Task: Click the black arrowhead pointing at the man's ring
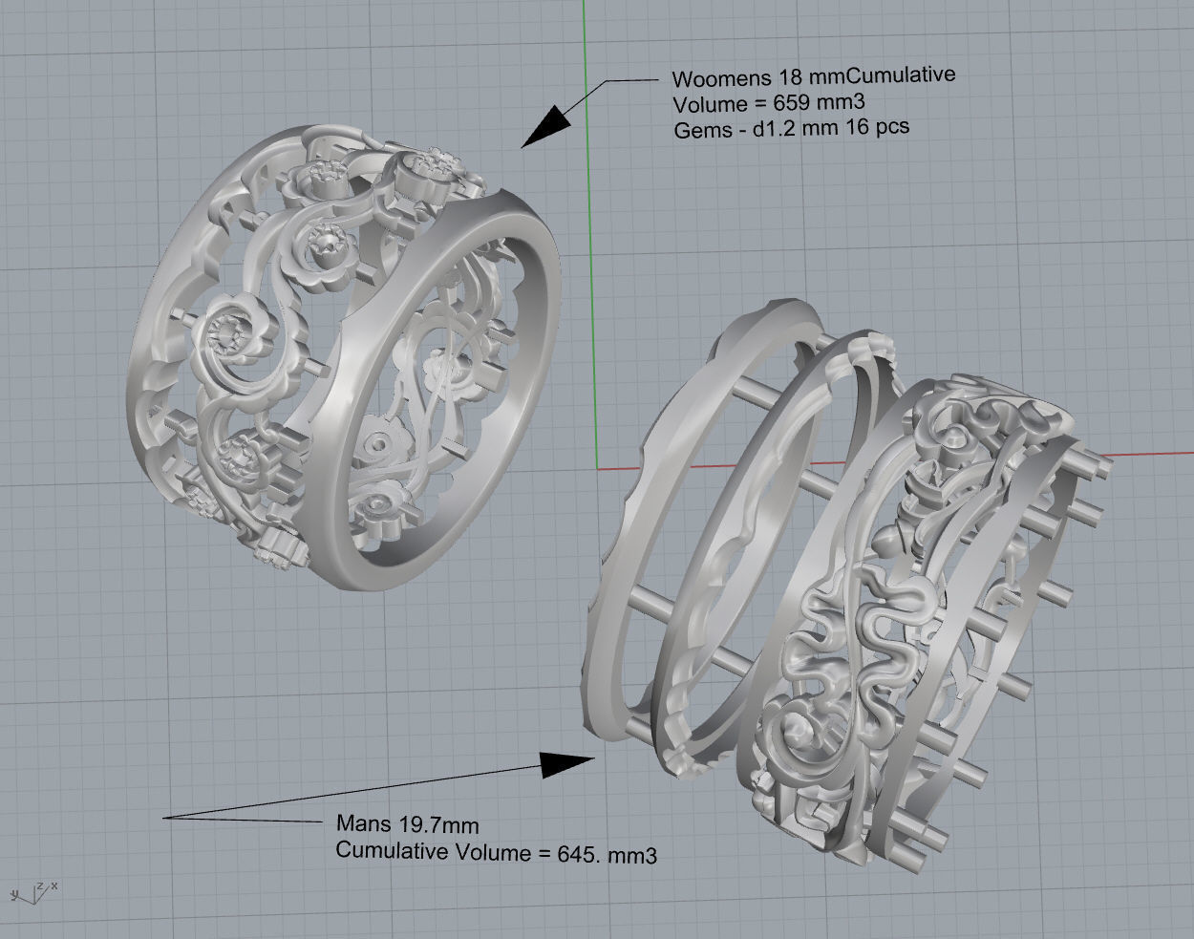point(570,763)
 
